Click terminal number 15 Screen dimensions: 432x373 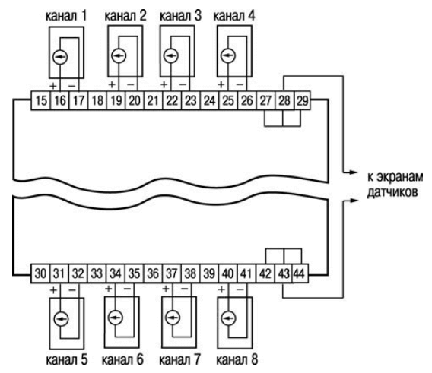click(40, 100)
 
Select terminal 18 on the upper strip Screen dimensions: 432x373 click(97, 100)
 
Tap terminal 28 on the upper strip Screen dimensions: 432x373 click(284, 100)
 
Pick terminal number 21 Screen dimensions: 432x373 click(153, 100)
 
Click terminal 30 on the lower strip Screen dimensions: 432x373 click(40, 273)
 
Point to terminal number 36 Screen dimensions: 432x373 click(153, 273)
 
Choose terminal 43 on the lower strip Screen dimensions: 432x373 click(284, 273)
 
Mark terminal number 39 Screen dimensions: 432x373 click(209, 273)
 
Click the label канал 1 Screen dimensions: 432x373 click(66, 16)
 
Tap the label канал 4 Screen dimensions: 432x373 click(234, 16)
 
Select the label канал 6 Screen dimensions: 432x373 click(122, 359)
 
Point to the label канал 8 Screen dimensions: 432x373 click(237, 359)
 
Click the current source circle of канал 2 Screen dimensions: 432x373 click(119, 56)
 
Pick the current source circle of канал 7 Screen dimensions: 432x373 click(173, 318)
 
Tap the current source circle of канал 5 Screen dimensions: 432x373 click(61, 319)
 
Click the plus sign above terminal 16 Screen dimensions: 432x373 click(53, 86)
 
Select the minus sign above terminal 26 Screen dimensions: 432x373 click(240, 84)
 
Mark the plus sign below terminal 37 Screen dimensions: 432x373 click(166, 289)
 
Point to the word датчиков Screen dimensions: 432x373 click(392, 192)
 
